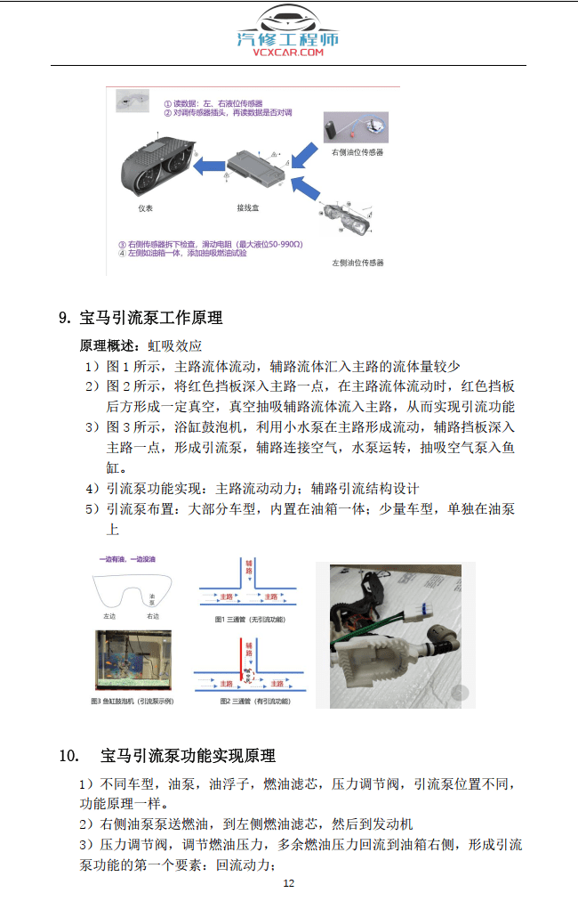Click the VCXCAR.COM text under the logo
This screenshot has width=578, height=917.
(288, 53)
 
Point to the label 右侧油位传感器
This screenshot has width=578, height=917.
(357, 152)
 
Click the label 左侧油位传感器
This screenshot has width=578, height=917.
(357, 263)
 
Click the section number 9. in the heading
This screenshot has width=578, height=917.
(64, 318)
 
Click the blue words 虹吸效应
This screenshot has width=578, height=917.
(175, 345)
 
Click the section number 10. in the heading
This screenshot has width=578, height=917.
(69, 756)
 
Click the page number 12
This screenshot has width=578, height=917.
(288, 883)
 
